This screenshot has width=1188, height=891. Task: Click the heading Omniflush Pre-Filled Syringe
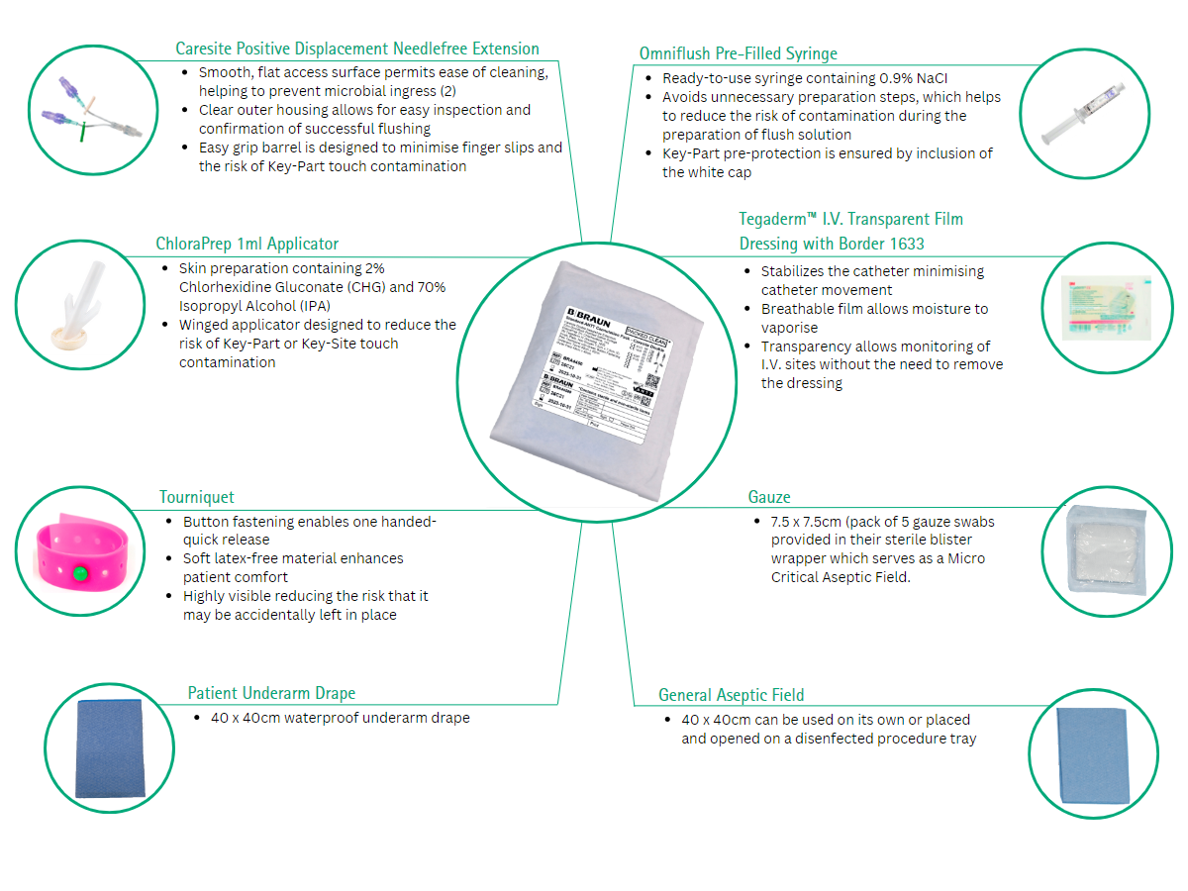point(738,53)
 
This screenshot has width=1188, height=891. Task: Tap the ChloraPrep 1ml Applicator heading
point(247,244)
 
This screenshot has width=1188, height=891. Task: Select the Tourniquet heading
point(197,497)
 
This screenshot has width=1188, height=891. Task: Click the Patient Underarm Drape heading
point(271,693)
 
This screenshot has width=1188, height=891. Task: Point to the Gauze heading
point(768,497)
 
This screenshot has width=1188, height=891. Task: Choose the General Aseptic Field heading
point(731,695)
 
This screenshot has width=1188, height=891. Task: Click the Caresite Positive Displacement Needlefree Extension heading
point(356,49)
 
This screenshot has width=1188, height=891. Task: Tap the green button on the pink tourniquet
point(80,572)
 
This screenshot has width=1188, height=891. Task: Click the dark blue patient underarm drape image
point(109,747)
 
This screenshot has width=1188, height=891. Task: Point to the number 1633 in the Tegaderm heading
point(904,244)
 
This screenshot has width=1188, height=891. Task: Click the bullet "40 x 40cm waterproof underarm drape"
point(340,718)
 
